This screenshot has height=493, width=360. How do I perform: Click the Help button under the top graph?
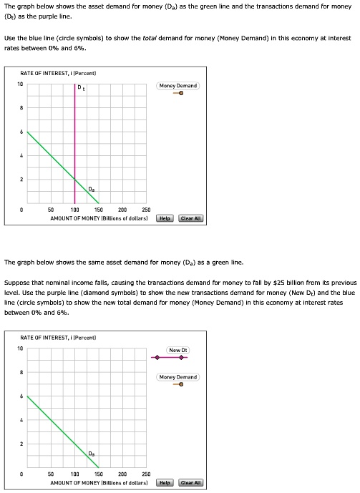point(166,218)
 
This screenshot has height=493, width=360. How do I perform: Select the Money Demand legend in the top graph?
point(178,86)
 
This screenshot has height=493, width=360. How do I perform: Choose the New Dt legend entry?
point(177,350)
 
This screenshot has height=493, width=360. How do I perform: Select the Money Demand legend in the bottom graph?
point(178,377)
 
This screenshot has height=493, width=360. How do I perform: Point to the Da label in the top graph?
point(91,189)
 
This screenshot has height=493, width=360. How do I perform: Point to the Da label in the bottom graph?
point(91,454)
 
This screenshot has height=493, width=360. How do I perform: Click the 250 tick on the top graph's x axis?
point(146,210)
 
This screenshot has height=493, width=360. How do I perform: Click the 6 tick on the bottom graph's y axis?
point(22,396)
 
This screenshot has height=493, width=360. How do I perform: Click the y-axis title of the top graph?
point(59,73)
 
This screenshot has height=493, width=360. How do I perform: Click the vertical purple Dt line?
point(74,143)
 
